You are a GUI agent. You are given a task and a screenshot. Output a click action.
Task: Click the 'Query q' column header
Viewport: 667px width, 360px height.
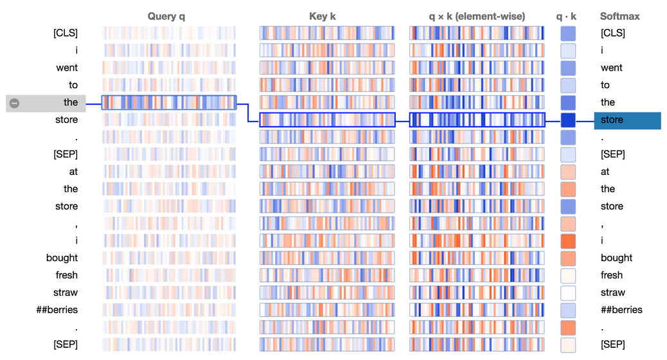click(x=166, y=16)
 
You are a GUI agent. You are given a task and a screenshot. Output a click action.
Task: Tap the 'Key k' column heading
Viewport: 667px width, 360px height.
click(x=323, y=16)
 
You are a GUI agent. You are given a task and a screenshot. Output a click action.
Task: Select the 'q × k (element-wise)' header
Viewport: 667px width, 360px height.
click(x=477, y=16)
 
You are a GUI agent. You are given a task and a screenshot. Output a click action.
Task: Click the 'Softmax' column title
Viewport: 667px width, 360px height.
click(x=619, y=16)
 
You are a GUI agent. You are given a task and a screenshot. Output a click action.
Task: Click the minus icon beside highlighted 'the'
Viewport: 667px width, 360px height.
click(x=15, y=103)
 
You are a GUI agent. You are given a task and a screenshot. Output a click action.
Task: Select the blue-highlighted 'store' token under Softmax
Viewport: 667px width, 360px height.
click(x=627, y=120)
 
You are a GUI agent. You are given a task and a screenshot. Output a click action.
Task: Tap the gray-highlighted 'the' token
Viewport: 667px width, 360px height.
click(x=70, y=102)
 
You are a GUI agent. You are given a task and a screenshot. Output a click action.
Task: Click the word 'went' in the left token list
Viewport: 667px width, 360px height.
click(x=66, y=67)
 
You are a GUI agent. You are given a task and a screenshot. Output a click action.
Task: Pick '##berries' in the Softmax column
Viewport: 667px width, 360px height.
click(x=621, y=310)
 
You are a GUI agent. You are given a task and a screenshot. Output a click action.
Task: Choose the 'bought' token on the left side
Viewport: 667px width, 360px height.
click(x=62, y=258)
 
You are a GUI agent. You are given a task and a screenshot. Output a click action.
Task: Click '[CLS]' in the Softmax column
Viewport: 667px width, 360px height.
click(x=612, y=33)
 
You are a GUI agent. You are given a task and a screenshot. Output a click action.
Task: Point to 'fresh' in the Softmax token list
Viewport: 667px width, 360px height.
click(x=612, y=275)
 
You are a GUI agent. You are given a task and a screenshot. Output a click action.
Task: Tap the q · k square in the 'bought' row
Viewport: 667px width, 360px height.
click(x=568, y=258)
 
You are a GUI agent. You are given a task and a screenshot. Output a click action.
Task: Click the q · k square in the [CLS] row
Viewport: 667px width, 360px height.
click(x=568, y=33)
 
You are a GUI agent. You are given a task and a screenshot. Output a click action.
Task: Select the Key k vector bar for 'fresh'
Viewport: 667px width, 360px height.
click(x=326, y=275)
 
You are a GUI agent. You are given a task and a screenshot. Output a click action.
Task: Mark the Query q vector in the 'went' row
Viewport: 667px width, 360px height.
click(x=169, y=67)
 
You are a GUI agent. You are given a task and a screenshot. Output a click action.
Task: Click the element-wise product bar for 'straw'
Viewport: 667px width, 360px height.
click(x=477, y=292)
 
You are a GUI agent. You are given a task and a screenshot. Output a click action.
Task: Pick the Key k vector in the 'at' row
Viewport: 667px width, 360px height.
click(x=326, y=172)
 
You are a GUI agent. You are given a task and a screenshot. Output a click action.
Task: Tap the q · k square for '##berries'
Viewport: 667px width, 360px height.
click(x=568, y=310)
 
